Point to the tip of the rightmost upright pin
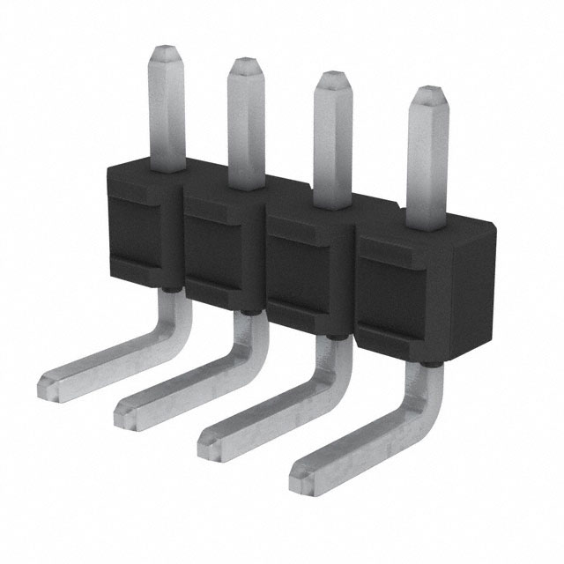pyautogui.click(x=429, y=94)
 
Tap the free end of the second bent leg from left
pyautogui.click(x=127, y=408)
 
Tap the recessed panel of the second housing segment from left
pyautogui.click(x=220, y=252)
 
